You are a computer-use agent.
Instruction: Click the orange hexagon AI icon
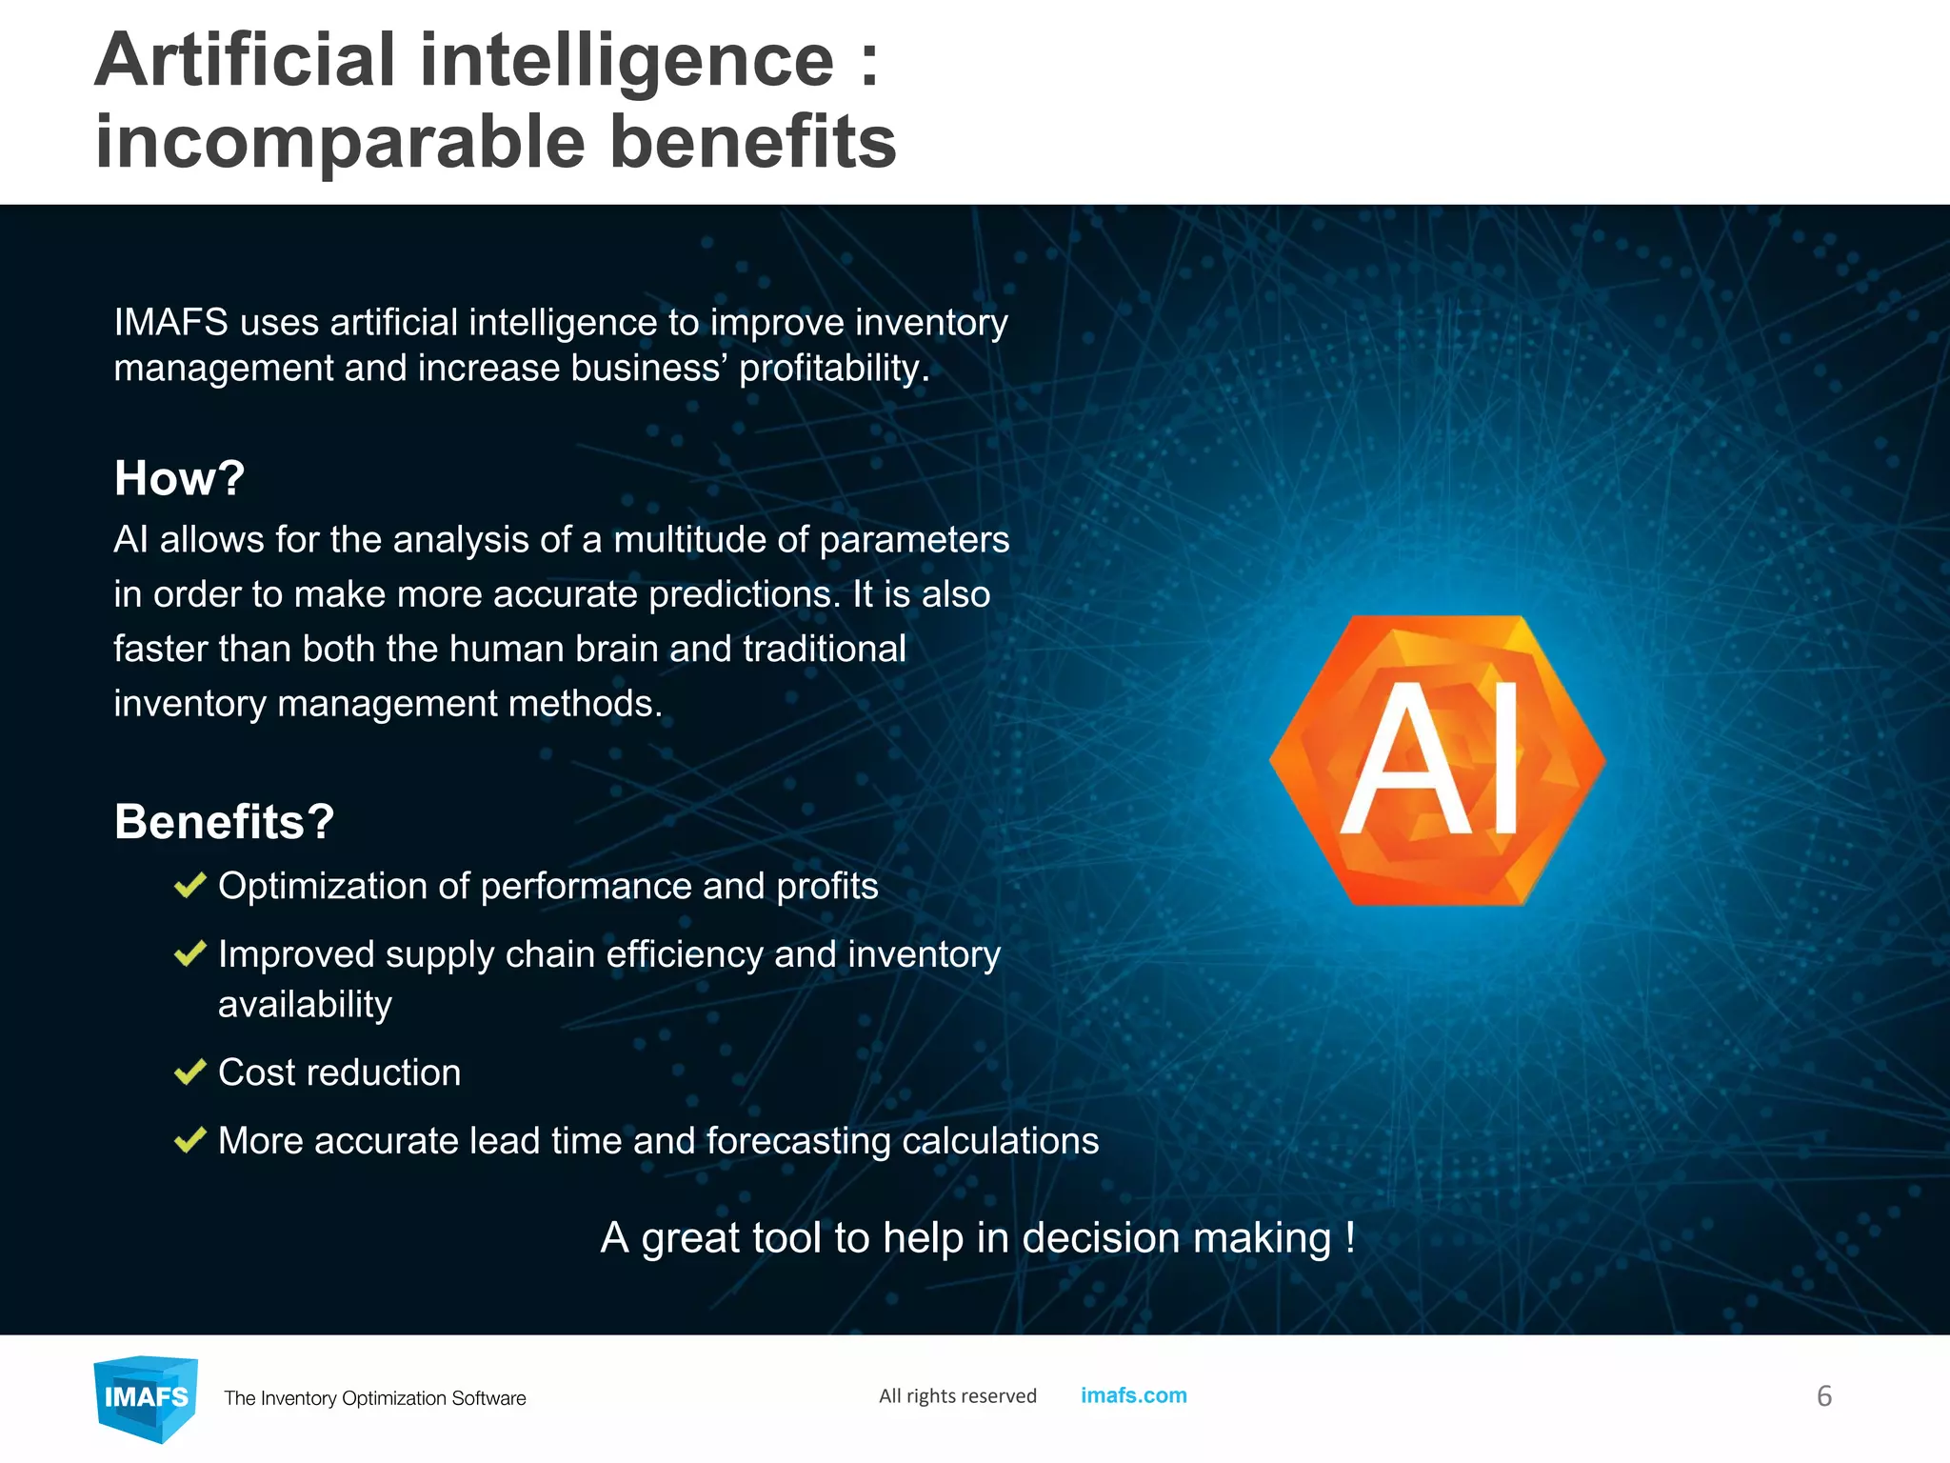[x=1437, y=760]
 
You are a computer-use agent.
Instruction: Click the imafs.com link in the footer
[x=1133, y=1395]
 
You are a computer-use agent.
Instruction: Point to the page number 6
[x=1823, y=1396]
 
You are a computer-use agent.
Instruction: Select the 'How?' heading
[x=179, y=478]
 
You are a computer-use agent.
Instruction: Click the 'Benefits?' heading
[x=224, y=821]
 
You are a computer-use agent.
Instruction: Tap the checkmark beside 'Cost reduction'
[x=190, y=1072]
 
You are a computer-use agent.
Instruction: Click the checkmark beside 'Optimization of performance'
[x=190, y=886]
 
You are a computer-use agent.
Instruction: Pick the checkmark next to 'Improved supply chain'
[x=190, y=953]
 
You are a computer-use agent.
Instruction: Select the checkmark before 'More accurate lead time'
[x=190, y=1140]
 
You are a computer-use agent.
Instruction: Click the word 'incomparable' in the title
[x=340, y=143]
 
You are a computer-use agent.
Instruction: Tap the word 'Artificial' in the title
[x=245, y=61]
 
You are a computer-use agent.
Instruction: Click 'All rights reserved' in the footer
[x=957, y=1396]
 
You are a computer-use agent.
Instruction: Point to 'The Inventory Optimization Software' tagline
[x=374, y=1398]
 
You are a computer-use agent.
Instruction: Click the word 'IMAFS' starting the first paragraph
[x=170, y=323]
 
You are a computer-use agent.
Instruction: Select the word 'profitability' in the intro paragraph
[x=829, y=369]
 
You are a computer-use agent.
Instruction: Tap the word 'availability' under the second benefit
[x=305, y=1005]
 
